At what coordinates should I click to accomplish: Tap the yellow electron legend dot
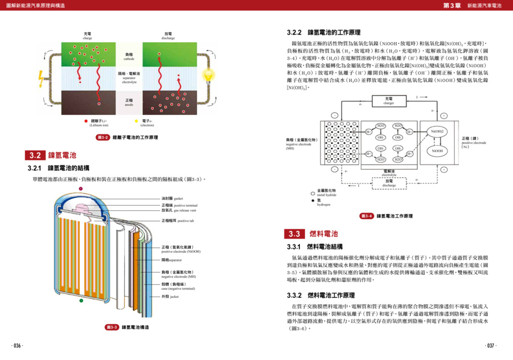click(136, 121)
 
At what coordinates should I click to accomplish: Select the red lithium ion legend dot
click(86, 121)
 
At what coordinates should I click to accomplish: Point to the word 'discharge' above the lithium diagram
click(168, 38)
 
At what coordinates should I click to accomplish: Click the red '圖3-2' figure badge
click(103, 137)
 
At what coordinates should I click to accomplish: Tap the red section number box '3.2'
click(35, 155)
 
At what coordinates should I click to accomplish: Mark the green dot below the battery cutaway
click(82, 300)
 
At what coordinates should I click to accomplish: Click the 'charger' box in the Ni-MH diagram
click(389, 101)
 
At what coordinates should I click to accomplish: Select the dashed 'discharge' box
click(389, 183)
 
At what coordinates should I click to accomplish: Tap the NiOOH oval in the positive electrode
click(437, 151)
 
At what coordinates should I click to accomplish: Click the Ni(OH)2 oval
click(437, 132)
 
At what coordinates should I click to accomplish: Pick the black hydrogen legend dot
click(312, 201)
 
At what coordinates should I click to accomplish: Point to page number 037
click(491, 345)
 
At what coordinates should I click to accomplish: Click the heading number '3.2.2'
click(295, 32)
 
